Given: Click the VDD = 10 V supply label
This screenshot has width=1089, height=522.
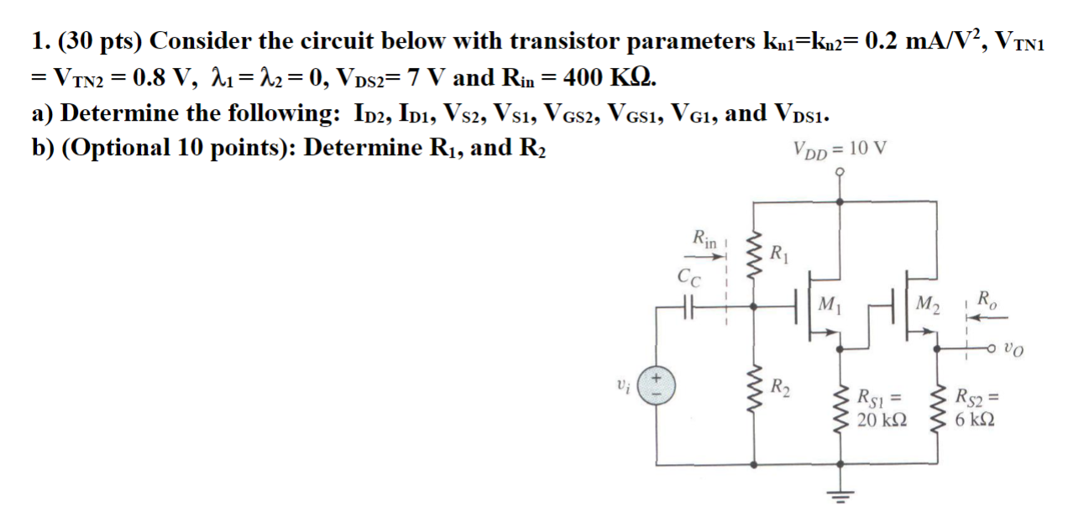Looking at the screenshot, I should [839, 149].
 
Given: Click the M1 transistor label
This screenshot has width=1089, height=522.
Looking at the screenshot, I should [829, 303].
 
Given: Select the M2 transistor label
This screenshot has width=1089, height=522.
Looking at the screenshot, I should [929, 302].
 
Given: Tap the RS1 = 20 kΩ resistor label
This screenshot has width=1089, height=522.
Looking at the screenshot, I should [878, 407].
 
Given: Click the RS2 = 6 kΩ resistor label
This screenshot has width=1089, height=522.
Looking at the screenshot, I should [979, 407].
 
